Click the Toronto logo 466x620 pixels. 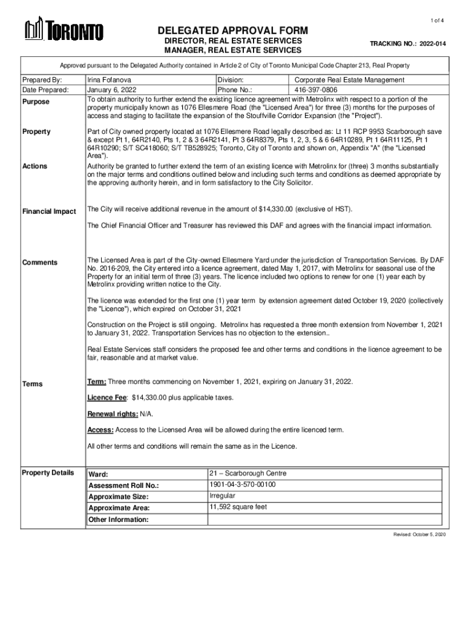(64, 30)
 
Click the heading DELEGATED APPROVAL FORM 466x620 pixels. (233, 30)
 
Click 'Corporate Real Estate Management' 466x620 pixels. (349, 80)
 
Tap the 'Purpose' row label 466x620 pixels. (37, 102)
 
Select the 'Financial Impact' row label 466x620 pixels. (49, 211)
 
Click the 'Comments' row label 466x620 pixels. (40, 262)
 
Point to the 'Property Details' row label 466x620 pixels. (48, 472)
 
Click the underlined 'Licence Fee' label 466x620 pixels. (107, 397)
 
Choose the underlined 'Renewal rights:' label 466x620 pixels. (113, 414)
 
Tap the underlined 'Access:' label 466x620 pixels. (100, 429)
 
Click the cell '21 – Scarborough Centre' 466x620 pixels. (248, 473)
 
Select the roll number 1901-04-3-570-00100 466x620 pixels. (243, 485)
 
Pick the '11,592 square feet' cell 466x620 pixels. (238, 507)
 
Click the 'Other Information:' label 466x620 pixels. (119, 519)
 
